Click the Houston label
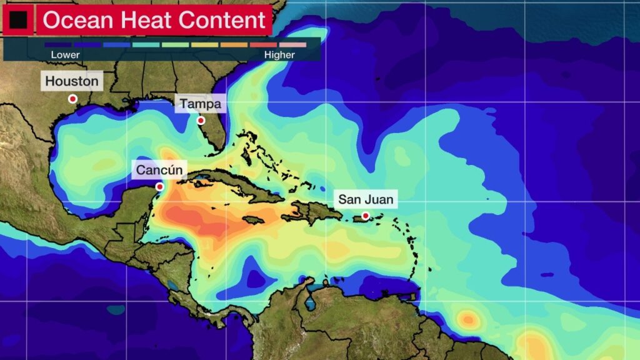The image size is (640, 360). tap(72, 81)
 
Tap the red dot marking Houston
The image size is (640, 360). tap(72, 99)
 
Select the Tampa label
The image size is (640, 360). tap(200, 104)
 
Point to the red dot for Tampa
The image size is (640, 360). tap(201, 121)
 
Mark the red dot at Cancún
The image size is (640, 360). tap(159, 186)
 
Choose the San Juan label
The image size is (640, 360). tap(366, 200)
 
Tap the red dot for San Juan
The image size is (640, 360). tap(366, 216)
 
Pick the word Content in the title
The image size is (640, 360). tap(222, 21)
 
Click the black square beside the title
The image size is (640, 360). tap(19, 21)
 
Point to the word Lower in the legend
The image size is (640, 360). tap(65, 55)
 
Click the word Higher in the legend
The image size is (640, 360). tap(279, 55)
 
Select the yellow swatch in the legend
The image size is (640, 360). tap(204, 45)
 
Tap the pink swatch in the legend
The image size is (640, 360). tap(292, 45)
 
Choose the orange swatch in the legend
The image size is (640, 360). tap(234, 45)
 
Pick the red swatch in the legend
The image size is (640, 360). tap(263, 45)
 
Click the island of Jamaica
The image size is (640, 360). tap(252, 220)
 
